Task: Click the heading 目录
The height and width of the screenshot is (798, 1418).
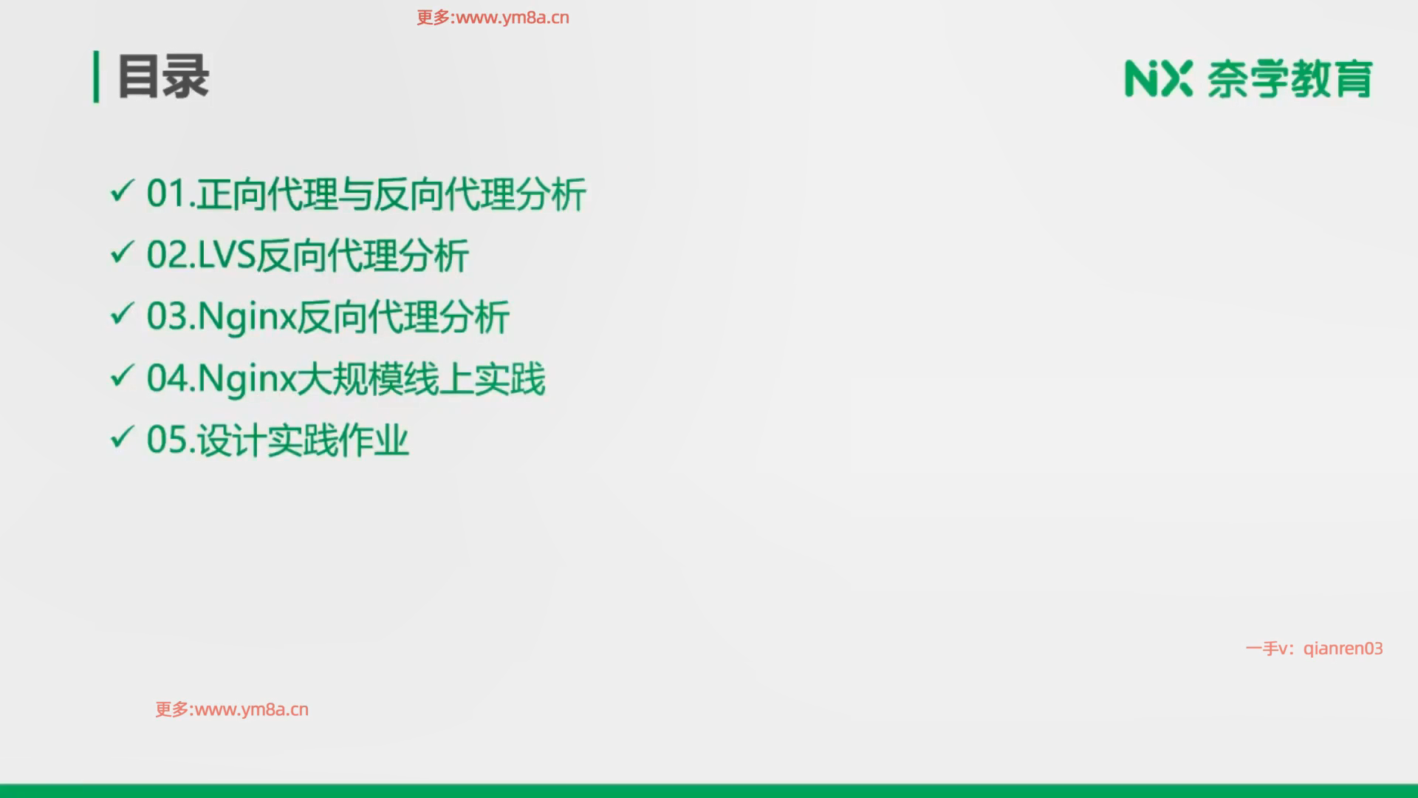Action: coord(163,76)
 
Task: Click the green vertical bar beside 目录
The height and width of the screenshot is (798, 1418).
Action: coord(96,76)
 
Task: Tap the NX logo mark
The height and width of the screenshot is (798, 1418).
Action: coord(1158,78)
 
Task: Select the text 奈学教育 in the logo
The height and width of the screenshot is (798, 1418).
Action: coord(1289,78)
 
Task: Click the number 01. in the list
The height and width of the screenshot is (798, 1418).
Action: coord(171,194)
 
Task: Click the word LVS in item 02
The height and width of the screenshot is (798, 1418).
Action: coord(227,255)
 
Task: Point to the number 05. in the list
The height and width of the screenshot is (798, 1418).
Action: coord(171,440)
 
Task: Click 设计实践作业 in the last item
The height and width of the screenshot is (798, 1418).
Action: coord(303,440)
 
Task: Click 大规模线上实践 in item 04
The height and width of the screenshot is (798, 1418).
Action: coord(421,378)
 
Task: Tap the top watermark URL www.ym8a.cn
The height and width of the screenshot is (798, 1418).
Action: coord(513,18)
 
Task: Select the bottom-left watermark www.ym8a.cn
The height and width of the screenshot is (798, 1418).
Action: coord(252,709)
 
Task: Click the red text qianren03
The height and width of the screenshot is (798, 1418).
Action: coord(1343,649)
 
